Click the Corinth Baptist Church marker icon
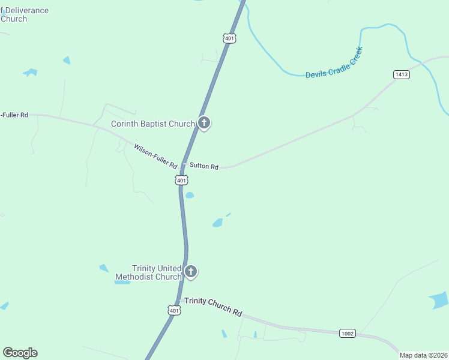(204, 124)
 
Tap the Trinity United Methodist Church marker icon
(191, 272)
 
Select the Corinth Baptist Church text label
(153, 124)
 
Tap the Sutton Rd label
(203, 166)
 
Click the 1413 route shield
(402, 74)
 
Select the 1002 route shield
(348, 333)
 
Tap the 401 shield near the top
(229, 38)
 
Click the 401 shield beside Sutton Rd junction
(182, 180)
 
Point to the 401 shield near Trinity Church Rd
(173, 310)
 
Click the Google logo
(20, 353)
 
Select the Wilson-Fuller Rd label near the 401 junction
(155, 156)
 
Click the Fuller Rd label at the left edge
(14, 115)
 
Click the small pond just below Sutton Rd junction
(190, 195)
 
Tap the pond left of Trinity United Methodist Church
(104, 268)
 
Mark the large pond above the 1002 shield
(440, 300)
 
